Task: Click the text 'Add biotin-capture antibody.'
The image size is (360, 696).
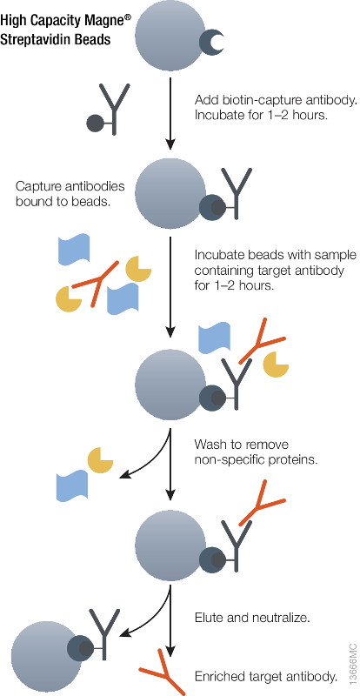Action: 276,100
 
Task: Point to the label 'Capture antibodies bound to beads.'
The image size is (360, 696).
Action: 70,193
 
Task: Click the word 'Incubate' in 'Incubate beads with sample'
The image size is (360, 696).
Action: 216,256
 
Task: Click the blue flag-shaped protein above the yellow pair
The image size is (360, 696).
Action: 75,250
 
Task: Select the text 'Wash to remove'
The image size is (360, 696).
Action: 242,445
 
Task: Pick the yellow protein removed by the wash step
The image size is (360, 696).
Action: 100,460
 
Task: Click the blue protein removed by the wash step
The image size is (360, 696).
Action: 73,487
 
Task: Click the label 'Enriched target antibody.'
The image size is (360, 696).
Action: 266,677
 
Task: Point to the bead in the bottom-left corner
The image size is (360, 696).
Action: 40,648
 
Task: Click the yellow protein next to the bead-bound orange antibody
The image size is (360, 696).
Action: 276,364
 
